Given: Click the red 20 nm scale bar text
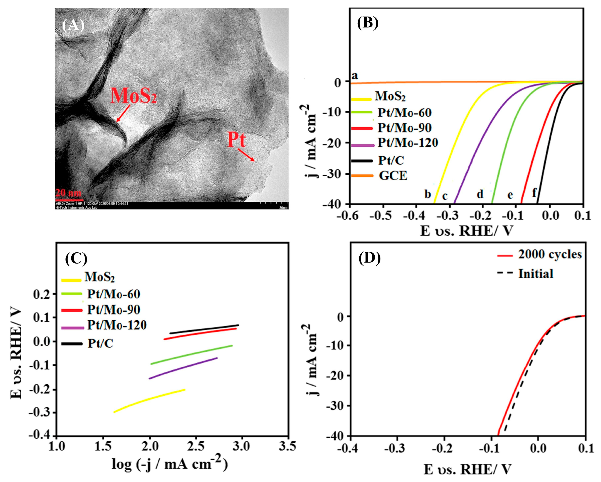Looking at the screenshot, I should [x=68, y=193].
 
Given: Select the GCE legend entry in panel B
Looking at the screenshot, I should [x=392, y=176].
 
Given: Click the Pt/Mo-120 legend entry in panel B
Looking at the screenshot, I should [x=407, y=143].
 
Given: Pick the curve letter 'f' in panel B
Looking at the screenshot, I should [x=534, y=193].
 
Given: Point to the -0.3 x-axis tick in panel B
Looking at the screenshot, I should [x=449, y=215].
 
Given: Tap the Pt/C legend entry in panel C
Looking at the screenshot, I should [x=100, y=343].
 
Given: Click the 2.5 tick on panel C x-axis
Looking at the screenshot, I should [x=195, y=446].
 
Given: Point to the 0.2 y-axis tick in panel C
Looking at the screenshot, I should [x=41, y=294].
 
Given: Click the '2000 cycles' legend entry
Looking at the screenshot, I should [x=550, y=254].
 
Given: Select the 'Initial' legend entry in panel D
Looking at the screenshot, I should [x=535, y=273].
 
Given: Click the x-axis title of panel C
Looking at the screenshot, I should [x=170, y=464].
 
